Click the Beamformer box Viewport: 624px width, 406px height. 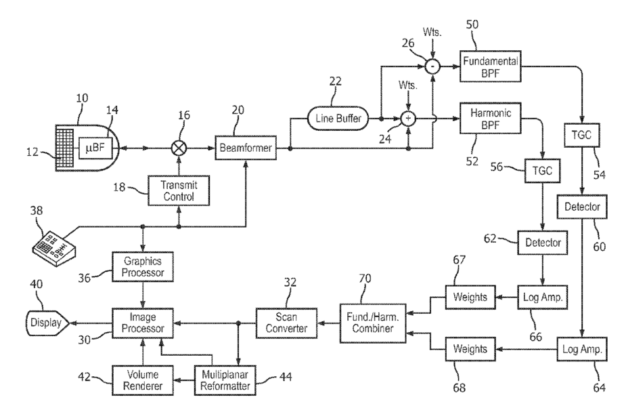[246, 148]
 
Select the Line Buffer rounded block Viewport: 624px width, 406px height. [338, 118]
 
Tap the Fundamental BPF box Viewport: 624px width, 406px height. [490, 66]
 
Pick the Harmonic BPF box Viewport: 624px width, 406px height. [490, 119]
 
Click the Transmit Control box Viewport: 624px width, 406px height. [179, 190]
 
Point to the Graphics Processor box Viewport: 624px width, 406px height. [143, 266]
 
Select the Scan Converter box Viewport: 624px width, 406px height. [286, 323]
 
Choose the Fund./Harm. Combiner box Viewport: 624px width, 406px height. [373, 323]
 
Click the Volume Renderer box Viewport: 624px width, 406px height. [143, 380]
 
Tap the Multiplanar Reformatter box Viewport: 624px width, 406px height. [225, 380]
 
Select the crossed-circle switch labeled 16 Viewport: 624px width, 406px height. [179, 148]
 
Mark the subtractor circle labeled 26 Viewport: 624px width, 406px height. [432, 66]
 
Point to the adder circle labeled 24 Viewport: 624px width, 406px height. [408, 119]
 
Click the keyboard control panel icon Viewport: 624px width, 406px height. [53, 248]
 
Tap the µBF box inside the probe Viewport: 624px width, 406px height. [95, 148]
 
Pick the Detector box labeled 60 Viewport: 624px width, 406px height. [582, 206]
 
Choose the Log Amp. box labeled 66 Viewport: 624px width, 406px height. [542, 298]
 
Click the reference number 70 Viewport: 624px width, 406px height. [365, 279]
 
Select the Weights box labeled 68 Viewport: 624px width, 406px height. [470, 349]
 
